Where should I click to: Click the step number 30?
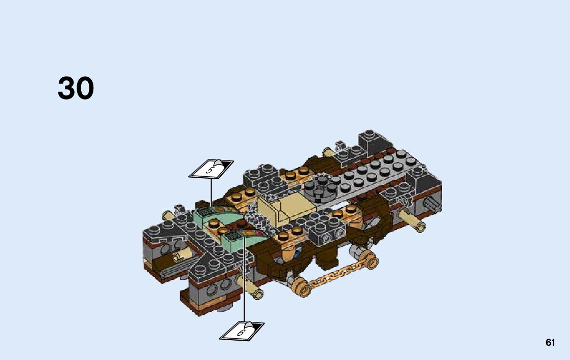pyautogui.click(x=76, y=88)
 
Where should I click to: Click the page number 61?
pyautogui.click(x=550, y=343)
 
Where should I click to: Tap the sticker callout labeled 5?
pyautogui.click(x=211, y=169)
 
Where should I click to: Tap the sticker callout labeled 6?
pyautogui.click(x=242, y=331)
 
